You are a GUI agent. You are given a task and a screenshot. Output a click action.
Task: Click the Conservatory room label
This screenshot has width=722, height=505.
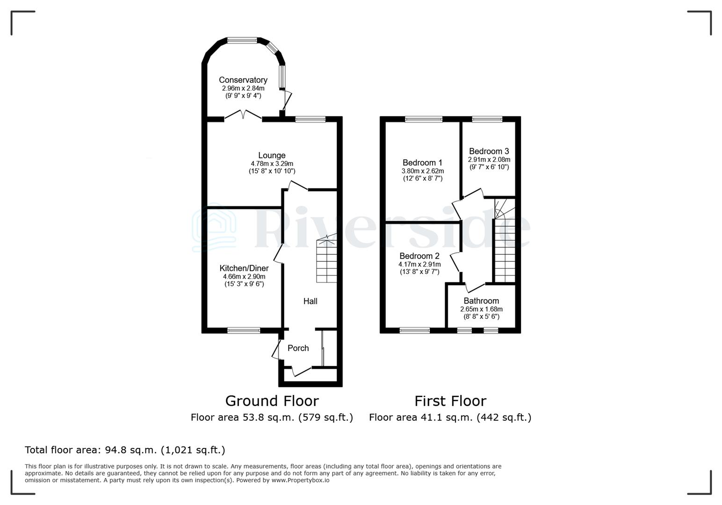[x=243, y=80]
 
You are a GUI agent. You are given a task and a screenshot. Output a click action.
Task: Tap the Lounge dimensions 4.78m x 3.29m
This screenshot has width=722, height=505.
[x=272, y=164]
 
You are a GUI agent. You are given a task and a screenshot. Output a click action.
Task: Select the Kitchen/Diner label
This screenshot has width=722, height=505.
[x=244, y=268]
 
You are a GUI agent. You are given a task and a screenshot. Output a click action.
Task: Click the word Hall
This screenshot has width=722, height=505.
[x=310, y=301]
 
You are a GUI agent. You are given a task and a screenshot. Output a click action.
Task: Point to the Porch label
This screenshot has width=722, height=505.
[x=298, y=348]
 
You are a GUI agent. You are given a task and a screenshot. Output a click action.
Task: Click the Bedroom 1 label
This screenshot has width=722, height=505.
[x=422, y=163]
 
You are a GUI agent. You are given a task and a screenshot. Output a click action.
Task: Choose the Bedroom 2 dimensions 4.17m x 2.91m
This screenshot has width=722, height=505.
[x=419, y=264]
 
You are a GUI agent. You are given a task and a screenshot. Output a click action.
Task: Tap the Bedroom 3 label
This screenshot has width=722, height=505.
[x=489, y=151]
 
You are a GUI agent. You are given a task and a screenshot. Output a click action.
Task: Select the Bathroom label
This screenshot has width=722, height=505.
[x=481, y=301]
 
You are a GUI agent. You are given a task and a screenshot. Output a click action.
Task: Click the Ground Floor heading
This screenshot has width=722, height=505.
[x=272, y=401]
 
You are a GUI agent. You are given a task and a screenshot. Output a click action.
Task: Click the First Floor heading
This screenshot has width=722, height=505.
[x=450, y=401]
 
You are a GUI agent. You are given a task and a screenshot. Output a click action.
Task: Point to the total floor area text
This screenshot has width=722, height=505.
[x=125, y=450]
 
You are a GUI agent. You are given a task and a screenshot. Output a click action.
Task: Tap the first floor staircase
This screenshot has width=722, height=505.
[x=505, y=248]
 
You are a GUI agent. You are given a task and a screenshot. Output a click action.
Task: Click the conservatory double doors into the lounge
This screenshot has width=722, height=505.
[x=243, y=116]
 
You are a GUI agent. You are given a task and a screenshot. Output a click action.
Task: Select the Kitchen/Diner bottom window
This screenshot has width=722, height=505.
[x=244, y=330]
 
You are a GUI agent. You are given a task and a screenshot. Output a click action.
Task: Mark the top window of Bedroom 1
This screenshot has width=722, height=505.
[x=423, y=119]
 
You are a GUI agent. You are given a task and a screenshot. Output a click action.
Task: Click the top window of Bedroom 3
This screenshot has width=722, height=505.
[x=487, y=119]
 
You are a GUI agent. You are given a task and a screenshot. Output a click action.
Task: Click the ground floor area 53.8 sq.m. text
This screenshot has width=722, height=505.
[x=272, y=417]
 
